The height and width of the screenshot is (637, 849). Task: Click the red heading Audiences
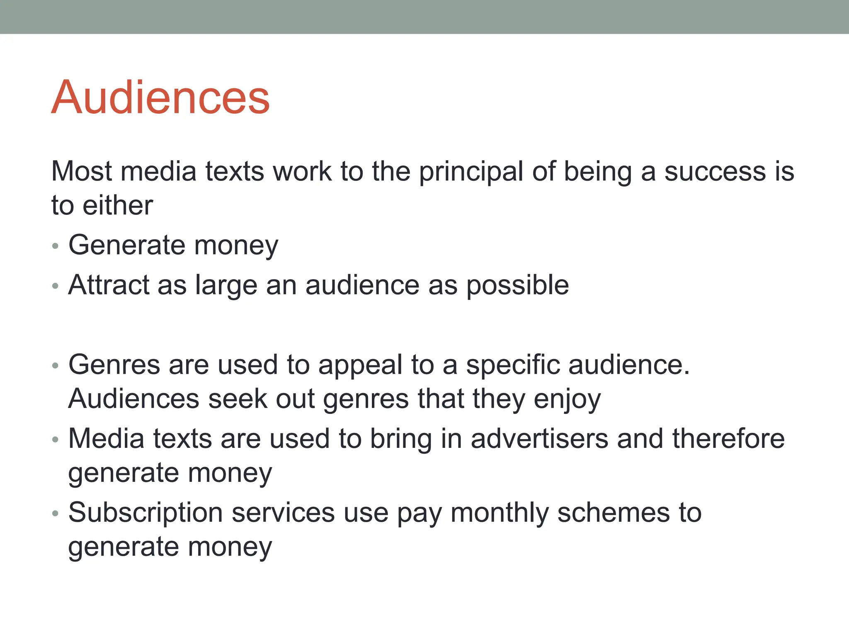pyautogui.click(x=160, y=97)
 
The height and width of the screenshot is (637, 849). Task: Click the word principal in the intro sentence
pyautogui.click(x=471, y=172)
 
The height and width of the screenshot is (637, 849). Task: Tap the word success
pyautogui.click(x=715, y=172)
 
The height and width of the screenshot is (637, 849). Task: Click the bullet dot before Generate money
pyautogui.click(x=56, y=246)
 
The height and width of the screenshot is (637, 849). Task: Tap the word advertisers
pyautogui.click(x=539, y=439)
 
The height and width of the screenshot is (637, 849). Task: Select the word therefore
pyautogui.click(x=728, y=439)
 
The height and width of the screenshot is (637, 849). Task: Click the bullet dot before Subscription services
pyautogui.click(x=56, y=514)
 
